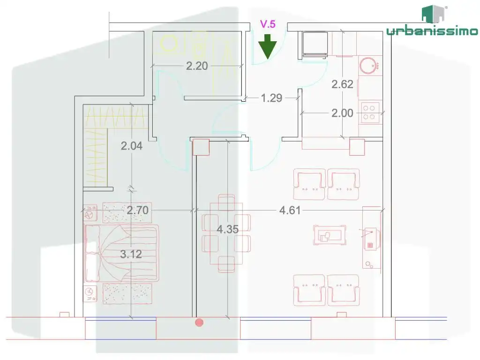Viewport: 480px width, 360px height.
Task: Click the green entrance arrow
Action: pyautogui.click(x=268, y=46)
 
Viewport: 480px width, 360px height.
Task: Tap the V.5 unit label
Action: pyautogui.click(x=268, y=24)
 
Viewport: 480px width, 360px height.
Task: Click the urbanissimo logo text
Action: pyautogui.click(x=432, y=30)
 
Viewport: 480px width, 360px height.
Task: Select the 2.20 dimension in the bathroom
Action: pyautogui.click(x=197, y=66)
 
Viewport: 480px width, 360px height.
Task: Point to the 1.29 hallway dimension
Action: pyautogui.click(x=271, y=98)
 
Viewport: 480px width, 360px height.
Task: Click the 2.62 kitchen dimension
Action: pyautogui.click(x=343, y=84)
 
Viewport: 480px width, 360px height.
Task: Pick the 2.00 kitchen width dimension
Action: pyautogui.click(x=343, y=113)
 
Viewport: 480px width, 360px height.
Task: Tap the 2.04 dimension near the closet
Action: pyautogui.click(x=132, y=146)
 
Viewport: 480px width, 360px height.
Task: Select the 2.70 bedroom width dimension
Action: pyautogui.click(x=138, y=210)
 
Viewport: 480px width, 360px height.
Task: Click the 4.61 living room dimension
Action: pyautogui.click(x=290, y=210)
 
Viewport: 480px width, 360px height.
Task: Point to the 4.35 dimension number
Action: pyautogui.click(x=227, y=229)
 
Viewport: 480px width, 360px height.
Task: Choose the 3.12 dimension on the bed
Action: pyautogui.click(x=131, y=254)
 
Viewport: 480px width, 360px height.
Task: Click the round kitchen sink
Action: pyautogui.click(x=369, y=65)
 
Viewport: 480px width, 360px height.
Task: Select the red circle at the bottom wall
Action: pyautogui.click(x=199, y=322)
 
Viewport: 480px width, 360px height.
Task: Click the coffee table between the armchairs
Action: pyautogui.click(x=330, y=235)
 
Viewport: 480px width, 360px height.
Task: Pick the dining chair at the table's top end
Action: pyautogui.click(x=226, y=202)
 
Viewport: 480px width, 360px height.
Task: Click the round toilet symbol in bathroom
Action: pyautogui.click(x=169, y=44)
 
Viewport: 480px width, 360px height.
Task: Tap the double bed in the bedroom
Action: pyautogui.click(x=122, y=253)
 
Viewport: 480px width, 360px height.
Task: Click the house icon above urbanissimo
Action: pyautogui.click(x=433, y=14)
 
